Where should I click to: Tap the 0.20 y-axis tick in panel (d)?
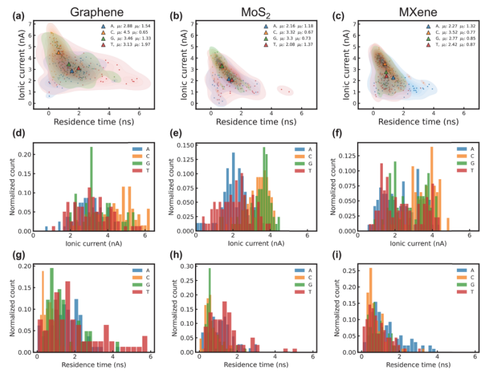(x=29, y=154)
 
